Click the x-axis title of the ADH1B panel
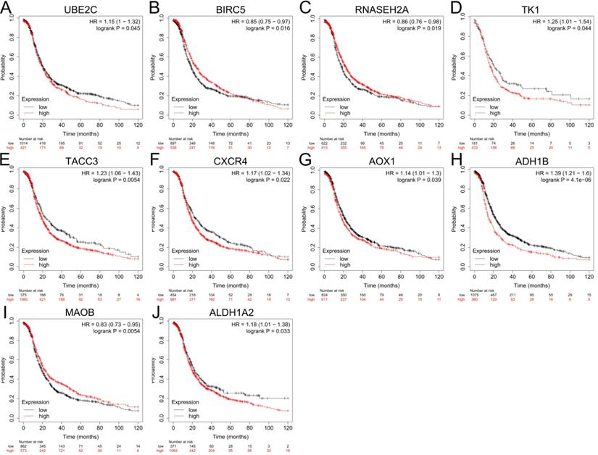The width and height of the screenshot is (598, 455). click(x=528, y=286)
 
